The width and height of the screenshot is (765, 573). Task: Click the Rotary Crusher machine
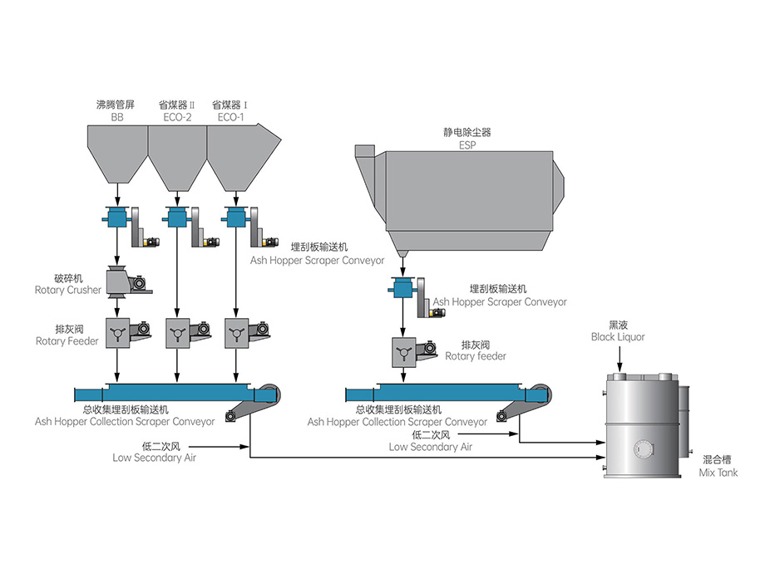(x=123, y=282)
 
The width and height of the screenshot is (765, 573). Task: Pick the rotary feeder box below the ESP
(x=403, y=351)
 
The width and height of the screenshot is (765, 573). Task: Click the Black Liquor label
(x=618, y=332)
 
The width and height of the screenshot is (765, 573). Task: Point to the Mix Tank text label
(x=718, y=465)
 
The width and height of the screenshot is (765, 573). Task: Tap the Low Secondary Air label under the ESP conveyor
(x=430, y=441)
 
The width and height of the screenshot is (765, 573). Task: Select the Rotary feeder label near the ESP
(x=476, y=350)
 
